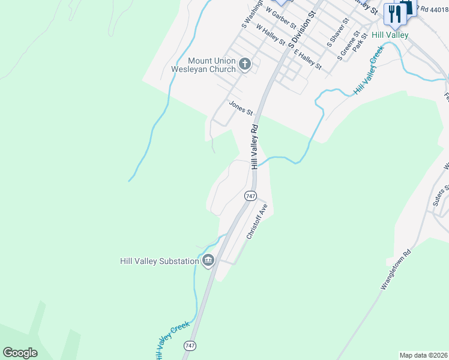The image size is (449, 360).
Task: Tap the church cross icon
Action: (x=244, y=64)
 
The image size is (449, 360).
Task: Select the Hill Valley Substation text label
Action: (x=159, y=261)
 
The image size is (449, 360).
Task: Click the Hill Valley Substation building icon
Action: (x=208, y=260)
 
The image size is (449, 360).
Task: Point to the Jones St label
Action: (x=241, y=109)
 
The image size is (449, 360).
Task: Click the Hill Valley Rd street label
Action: (x=255, y=146)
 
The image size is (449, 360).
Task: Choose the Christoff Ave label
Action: (x=256, y=221)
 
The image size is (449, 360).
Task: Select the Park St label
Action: (x=360, y=43)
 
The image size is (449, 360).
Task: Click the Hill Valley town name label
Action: (x=390, y=35)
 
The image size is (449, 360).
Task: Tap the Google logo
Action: (x=20, y=352)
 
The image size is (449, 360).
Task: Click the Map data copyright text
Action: (x=424, y=355)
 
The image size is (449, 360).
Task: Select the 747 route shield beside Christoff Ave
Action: (x=250, y=196)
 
